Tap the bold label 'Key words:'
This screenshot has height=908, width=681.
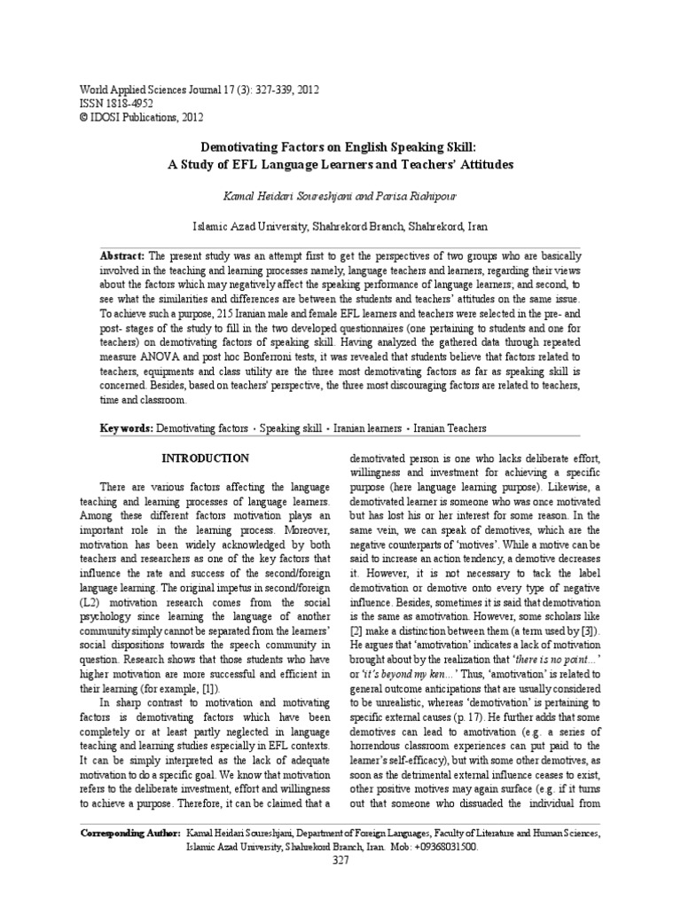point(126,427)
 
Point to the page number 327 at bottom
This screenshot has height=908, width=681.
point(340,860)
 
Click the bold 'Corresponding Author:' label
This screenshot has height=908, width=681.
point(129,834)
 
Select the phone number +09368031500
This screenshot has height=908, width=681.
point(445,847)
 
